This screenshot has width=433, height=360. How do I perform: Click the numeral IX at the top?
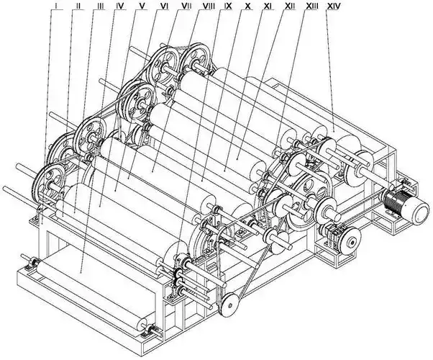click(x=228, y=6)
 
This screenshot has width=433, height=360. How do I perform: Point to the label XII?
click(x=291, y=6)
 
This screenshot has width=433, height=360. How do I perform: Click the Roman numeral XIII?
click(x=312, y=6)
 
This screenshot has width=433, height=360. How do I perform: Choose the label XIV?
click(x=334, y=6)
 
